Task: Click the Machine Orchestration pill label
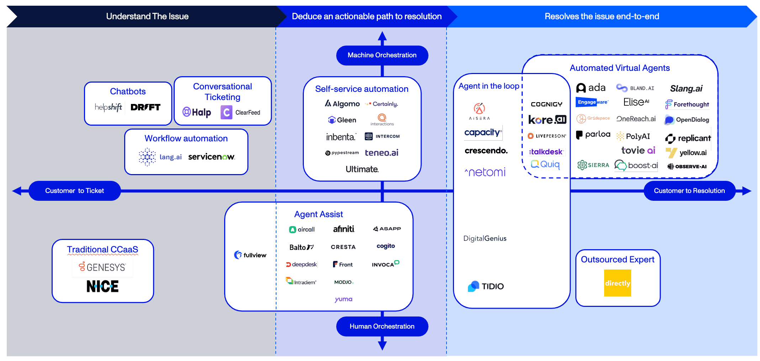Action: coord(382,55)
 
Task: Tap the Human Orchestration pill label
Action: coord(382,326)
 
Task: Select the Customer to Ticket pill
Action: coord(74,191)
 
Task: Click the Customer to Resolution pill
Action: coord(689,191)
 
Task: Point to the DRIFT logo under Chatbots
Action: coord(146,107)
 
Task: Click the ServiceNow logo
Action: coord(211,157)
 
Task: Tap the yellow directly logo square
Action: coord(617,283)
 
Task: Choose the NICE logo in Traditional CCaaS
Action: coord(102,286)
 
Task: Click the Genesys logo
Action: coord(102,267)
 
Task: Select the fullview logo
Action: coord(250,255)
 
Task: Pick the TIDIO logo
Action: coord(486,286)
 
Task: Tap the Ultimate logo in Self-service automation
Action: coord(362,169)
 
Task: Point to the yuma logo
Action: coord(343,299)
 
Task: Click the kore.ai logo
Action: coord(547,120)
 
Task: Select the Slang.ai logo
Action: coord(686,89)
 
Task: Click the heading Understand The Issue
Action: coord(147,16)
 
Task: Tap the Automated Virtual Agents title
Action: coord(619,68)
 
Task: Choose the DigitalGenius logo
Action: coord(485,239)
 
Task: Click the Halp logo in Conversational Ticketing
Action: coord(197,113)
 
